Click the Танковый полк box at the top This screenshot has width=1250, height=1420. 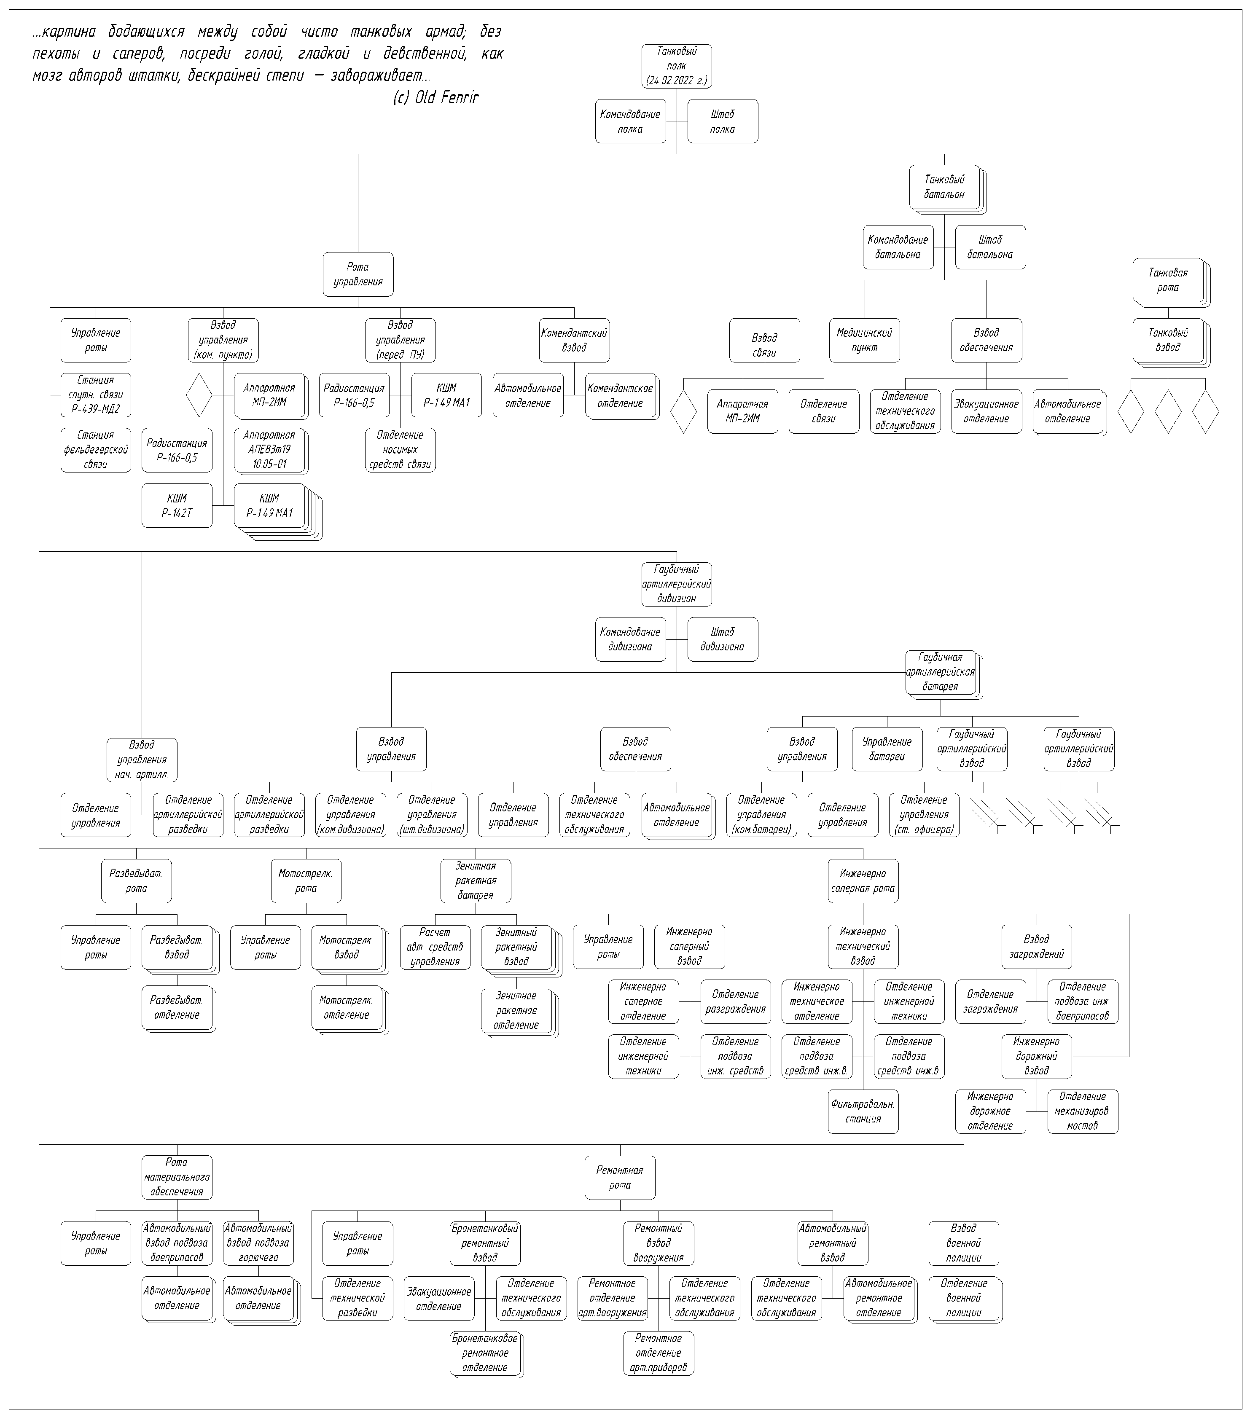pyautogui.click(x=676, y=66)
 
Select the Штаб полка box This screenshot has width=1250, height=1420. pyautogui.click(x=723, y=121)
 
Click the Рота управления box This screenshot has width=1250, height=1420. pyautogui.click(x=358, y=274)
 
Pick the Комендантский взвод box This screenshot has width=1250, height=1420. pyautogui.click(x=575, y=341)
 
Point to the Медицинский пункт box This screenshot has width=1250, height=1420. pyautogui.click(x=864, y=341)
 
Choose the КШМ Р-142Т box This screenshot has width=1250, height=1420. pyautogui.click(x=177, y=506)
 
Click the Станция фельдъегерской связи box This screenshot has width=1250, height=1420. pyautogui.click(x=96, y=450)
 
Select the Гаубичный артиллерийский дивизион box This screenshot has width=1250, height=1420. pyautogui.click(x=676, y=584)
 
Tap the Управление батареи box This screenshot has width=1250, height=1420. pyautogui.click(x=887, y=749)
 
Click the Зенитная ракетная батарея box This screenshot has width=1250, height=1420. pyautogui.click(x=476, y=881)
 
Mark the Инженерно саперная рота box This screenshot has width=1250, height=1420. pyautogui.click(x=863, y=881)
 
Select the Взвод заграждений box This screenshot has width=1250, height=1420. pyautogui.click(x=1037, y=947)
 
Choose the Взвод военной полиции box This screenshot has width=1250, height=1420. pyautogui.click(x=964, y=1243)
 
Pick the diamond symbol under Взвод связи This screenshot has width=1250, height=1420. pyautogui.click(x=684, y=411)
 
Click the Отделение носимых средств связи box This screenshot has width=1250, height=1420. pyautogui.click(x=401, y=450)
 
